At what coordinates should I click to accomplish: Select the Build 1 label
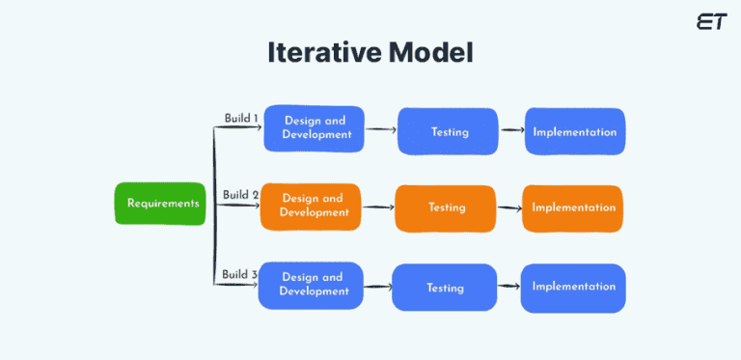[240, 119]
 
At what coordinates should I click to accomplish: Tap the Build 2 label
[240, 195]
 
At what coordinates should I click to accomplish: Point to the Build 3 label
[239, 275]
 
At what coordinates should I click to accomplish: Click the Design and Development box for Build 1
[315, 128]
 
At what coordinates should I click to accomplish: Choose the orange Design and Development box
[312, 207]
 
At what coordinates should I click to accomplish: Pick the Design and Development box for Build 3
[312, 286]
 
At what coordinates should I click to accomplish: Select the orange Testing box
[446, 208]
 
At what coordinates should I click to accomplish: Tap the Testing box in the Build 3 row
[444, 289]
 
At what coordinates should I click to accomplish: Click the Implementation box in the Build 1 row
[575, 131]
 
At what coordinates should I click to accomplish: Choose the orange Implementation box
[573, 208]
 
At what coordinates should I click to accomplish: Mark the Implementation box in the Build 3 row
[573, 288]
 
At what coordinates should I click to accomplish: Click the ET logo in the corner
[711, 21]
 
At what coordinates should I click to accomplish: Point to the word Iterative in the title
[325, 53]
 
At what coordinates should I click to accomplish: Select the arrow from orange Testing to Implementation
[509, 208]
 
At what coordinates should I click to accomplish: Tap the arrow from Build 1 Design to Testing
[381, 128]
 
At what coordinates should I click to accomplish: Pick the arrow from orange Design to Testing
[378, 206]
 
